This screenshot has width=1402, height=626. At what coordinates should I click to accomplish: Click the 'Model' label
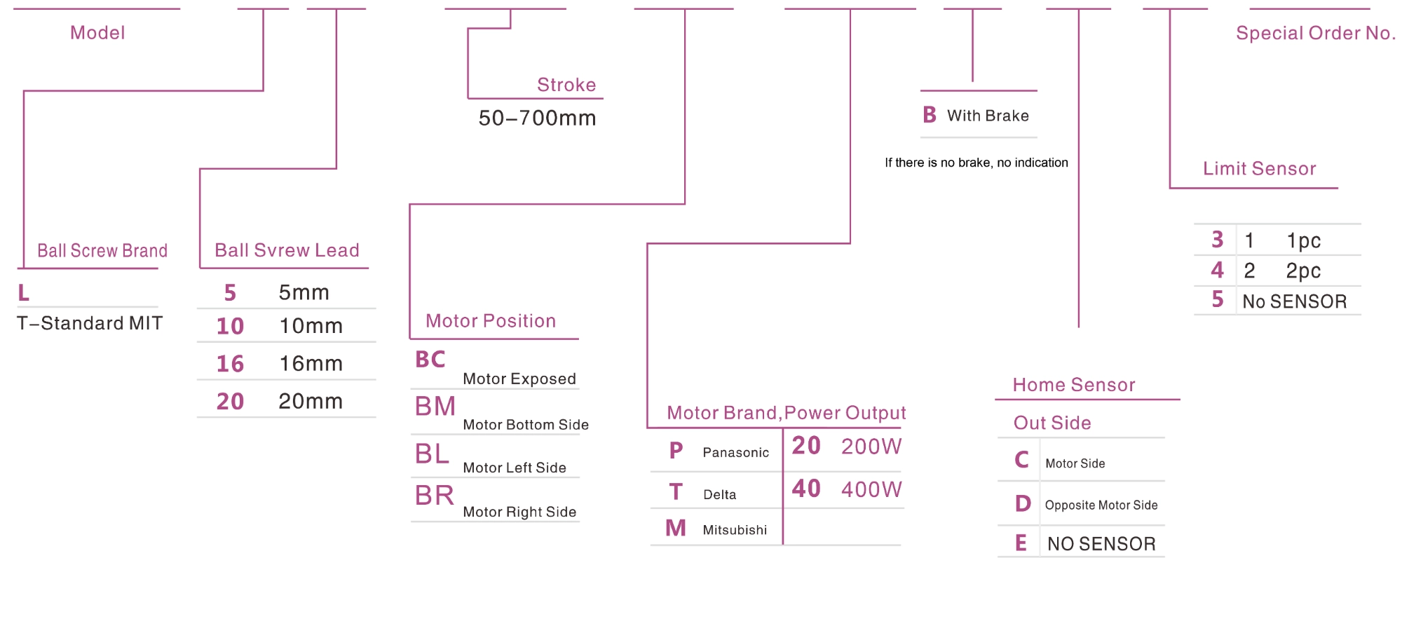pos(97,33)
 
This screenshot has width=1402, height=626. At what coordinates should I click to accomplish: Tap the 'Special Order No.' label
pos(1315,33)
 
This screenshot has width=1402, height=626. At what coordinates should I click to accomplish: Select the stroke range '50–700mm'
pos(537,118)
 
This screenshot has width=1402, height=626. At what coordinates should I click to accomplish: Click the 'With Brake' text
pos(988,116)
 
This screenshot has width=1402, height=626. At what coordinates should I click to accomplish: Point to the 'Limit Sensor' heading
pos(1259,168)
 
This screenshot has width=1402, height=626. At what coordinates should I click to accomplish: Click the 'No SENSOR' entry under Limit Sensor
pos(1294,301)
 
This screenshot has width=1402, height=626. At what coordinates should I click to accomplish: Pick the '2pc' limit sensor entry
pos(1302,271)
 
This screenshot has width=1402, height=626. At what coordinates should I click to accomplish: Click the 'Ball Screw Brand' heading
pos(102,250)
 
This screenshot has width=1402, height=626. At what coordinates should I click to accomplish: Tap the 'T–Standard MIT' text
pos(90,323)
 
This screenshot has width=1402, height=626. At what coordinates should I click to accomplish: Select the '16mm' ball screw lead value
pos(311,363)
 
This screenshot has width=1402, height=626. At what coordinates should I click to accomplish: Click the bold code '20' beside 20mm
pos(230,401)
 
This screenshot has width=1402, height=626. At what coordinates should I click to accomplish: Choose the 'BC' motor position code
pos(430,359)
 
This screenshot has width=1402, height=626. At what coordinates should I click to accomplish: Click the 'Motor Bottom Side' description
pos(526,424)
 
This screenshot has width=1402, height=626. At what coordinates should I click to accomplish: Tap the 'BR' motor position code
pos(435,496)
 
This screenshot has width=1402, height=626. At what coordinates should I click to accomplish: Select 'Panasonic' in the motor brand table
pos(735,452)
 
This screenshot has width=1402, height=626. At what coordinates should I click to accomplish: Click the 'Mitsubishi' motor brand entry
pos(735,530)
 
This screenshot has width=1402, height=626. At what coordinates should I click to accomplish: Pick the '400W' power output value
pos(871,489)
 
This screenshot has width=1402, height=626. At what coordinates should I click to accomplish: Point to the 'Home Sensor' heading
pos(1073,385)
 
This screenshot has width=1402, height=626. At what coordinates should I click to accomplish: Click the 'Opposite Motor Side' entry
pos(1101,505)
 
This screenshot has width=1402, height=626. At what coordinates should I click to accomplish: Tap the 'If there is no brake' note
pos(976,163)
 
